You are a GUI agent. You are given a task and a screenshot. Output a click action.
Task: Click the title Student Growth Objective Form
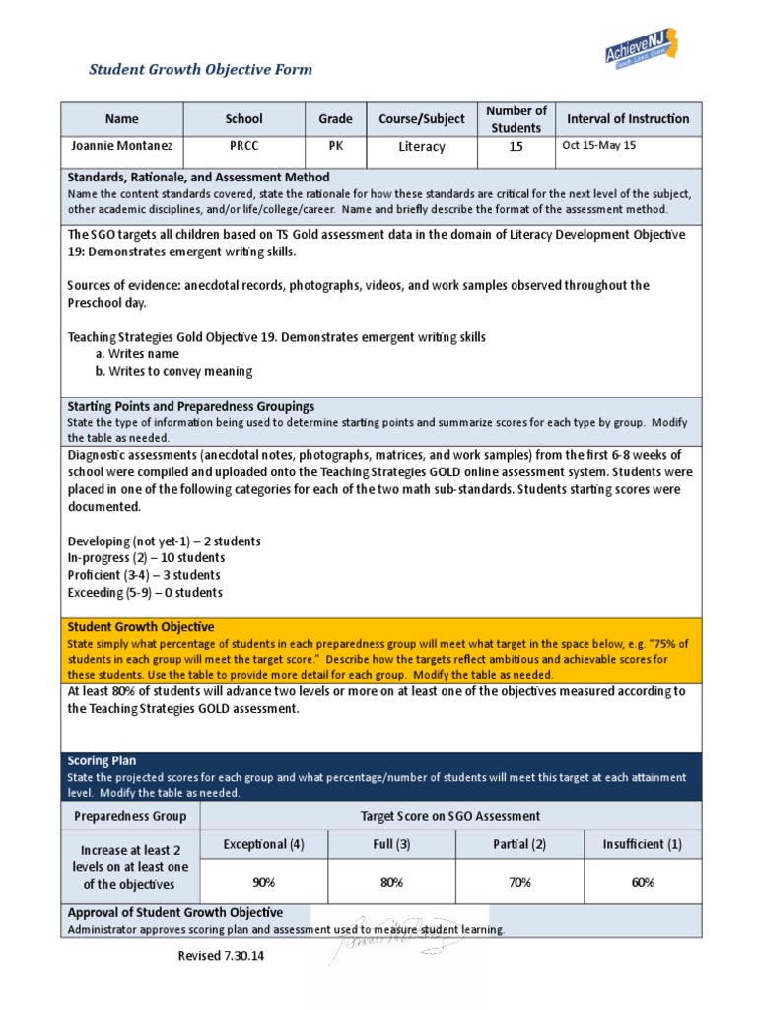(x=200, y=69)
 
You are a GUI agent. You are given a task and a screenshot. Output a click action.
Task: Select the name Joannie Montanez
(x=121, y=145)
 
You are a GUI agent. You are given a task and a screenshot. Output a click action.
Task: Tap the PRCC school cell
(x=243, y=145)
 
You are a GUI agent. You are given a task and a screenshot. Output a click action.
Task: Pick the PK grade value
(x=335, y=145)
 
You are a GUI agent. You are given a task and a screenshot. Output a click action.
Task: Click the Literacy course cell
(x=422, y=146)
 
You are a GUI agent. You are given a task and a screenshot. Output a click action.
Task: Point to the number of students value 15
(x=516, y=146)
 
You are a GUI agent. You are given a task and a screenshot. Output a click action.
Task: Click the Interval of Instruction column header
(x=628, y=119)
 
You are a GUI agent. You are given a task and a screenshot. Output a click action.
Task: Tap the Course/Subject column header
(x=422, y=119)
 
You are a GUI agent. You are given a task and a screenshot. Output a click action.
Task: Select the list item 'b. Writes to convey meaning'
(x=173, y=372)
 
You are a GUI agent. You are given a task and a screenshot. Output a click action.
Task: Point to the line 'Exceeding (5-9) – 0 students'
(x=145, y=593)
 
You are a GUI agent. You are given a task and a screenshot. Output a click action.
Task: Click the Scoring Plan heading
(x=102, y=761)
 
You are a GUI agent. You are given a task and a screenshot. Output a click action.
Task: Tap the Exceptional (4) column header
(x=263, y=845)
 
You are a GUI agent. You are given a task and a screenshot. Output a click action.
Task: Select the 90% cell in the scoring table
(x=263, y=883)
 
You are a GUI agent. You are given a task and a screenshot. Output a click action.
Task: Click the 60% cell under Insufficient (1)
(x=643, y=883)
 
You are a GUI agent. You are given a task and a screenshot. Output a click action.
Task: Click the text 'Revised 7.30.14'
(x=222, y=957)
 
